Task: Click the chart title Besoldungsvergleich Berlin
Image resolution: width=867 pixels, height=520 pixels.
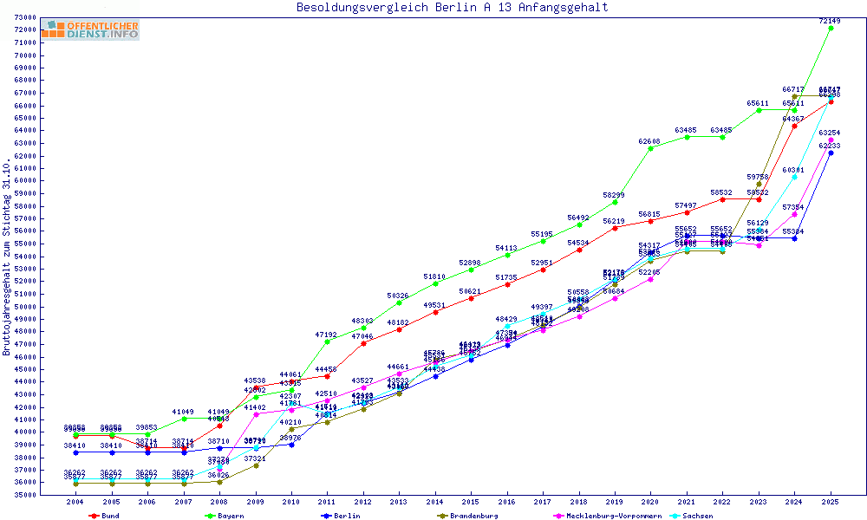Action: tap(452, 8)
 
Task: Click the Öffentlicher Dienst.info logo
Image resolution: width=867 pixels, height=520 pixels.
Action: tap(90, 30)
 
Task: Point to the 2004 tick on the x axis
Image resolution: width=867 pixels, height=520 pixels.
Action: tap(76, 502)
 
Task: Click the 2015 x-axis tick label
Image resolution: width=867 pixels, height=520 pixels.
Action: tap(471, 502)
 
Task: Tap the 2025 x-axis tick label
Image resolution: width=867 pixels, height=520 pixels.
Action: tap(830, 502)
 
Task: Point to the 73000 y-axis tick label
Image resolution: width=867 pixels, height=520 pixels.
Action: tap(24, 17)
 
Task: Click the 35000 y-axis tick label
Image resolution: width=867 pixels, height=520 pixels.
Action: tap(24, 495)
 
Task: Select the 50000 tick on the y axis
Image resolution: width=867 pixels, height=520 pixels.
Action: tap(24, 307)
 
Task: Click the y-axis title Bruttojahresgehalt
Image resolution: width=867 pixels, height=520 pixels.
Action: tap(7, 257)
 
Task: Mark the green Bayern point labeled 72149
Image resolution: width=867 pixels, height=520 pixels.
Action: tap(831, 28)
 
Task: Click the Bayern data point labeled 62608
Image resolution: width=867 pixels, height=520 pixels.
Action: tap(651, 148)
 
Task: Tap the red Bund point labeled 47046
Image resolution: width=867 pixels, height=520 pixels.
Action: tap(363, 343)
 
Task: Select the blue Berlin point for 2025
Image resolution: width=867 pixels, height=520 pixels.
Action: tap(831, 153)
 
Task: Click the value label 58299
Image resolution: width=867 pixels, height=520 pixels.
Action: tap(614, 195)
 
